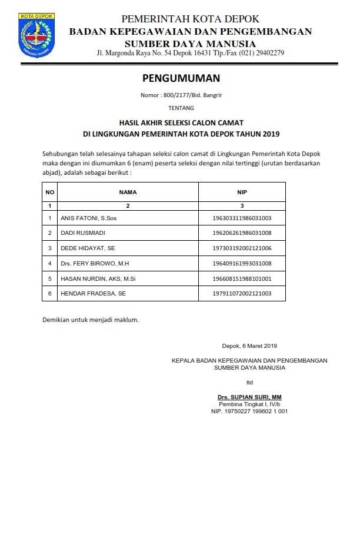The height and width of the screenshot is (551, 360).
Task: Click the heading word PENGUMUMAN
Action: [x=181, y=78]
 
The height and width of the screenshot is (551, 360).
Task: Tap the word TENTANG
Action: [x=181, y=108]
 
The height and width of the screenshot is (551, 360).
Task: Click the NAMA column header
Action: [x=128, y=192]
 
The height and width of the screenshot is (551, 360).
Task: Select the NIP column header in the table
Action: [x=242, y=192]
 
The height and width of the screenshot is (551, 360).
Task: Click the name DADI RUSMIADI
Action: [x=83, y=233]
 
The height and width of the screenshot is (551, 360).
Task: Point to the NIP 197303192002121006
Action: [x=242, y=248]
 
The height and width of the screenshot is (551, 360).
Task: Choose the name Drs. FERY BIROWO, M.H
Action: [x=95, y=263]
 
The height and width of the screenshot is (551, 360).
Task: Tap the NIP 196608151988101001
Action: [x=242, y=278]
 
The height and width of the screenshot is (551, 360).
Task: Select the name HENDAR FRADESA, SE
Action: [x=93, y=293]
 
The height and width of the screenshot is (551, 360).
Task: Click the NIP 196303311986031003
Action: [x=242, y=218]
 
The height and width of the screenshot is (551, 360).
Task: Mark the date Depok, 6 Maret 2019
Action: [x=249, y=346]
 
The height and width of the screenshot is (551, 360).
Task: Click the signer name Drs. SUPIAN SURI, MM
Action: [x=249, y=397]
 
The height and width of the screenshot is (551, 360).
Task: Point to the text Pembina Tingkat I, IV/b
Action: [x=249, y=404]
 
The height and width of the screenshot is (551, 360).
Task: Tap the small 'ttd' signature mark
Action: [x=249, y=382]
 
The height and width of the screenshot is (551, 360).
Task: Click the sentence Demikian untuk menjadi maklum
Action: [x=91, y=320]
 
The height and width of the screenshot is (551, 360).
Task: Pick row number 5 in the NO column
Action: [x=50, y=278]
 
